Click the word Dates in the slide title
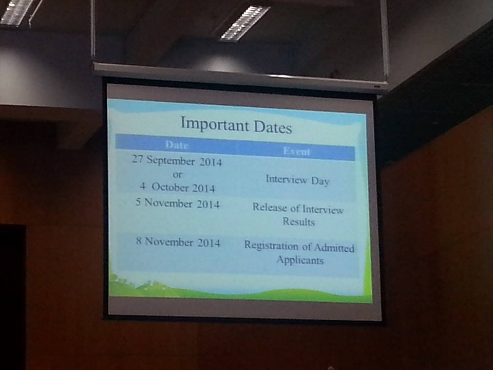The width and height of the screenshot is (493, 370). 273,127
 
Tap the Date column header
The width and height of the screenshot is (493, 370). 177,145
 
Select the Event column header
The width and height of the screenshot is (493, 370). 296,151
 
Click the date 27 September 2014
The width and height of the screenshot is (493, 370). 177,161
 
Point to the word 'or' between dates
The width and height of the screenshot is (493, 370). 177,175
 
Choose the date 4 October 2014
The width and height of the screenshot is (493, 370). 177,187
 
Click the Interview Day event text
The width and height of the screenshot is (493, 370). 297,180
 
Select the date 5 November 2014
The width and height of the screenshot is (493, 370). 178,203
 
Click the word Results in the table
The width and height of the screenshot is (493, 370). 299,221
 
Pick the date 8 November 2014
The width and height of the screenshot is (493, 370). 178,242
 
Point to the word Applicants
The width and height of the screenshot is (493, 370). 300,261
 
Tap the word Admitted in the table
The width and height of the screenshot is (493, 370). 334,248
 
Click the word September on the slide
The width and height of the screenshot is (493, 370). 170,161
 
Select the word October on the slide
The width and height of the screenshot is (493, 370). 170,187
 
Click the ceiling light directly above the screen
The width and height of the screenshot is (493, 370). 244,23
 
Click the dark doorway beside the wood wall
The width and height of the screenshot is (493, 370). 12,296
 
